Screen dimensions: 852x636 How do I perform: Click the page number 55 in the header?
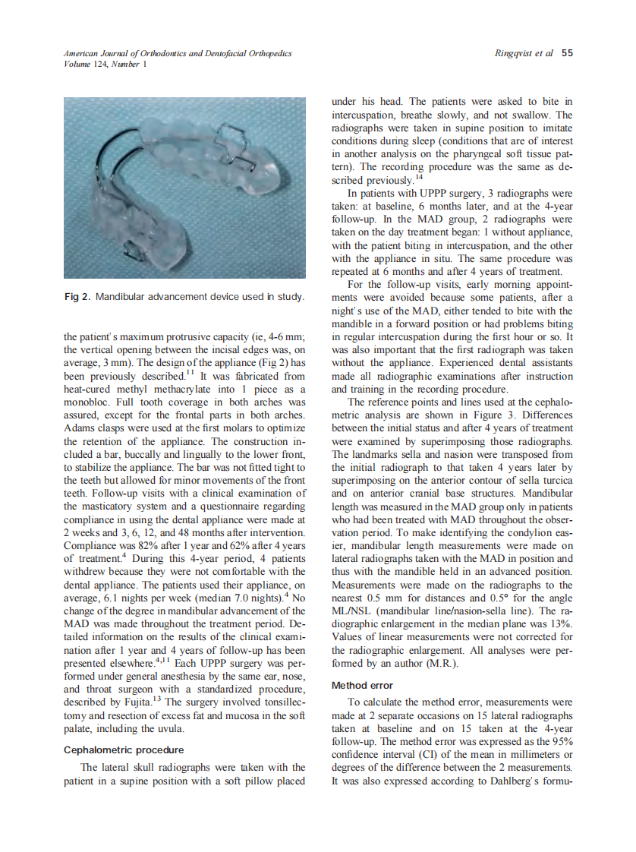click(567, 54)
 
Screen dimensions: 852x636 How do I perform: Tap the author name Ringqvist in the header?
click(514, 54)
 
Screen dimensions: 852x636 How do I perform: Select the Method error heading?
click(362, 685)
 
